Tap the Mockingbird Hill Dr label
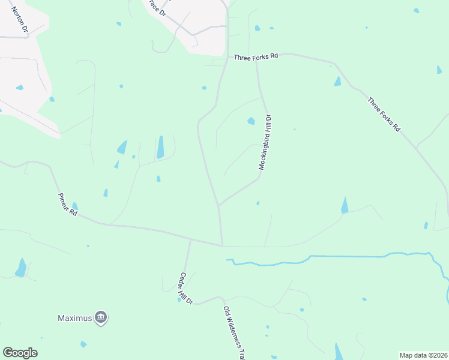pos(265,143)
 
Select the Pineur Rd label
pos(68,204)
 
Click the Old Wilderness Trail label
pos(234,333)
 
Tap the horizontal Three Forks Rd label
pos(256,56)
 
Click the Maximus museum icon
pos(101,317)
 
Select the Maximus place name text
pos(75,318)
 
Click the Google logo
pos(20,353)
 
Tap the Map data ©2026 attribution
pos(423,355)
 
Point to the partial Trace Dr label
pos(158,8)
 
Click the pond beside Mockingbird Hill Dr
pos(251,121)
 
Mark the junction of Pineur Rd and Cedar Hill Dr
pos(190,239)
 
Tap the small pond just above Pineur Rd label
pos(75,206)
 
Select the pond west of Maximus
pos(22,268)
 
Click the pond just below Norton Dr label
pos(20,88)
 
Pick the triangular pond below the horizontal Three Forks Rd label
pos(337,81)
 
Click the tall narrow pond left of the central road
pos(160,147)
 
